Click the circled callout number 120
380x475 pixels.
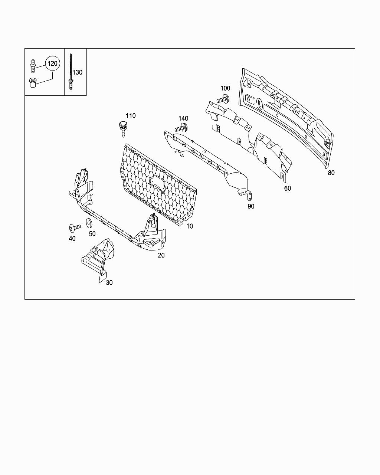[x=52, y=63]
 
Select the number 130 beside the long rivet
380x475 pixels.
[x=77, y=72]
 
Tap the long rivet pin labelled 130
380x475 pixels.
[x=70, y=72]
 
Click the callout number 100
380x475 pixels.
[x=225, y=88]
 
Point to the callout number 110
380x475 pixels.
[x=131, y=116]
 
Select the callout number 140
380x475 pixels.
[x=183, y=118]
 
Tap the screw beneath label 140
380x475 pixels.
[x=181, y=128]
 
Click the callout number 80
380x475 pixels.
[x=331, y=173]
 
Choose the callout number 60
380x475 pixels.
[x=288, y=188]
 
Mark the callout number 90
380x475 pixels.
[x=251, y=206]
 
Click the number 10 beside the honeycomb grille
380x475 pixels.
[x=189, y=226]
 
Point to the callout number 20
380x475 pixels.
[x=161, y=255]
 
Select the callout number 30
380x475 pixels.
[x=109, y=283]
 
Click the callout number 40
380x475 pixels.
[x=72, y=238]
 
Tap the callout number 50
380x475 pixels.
[x=92, y=234]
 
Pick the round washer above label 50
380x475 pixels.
[x=89, y=223]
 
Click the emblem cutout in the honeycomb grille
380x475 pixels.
[x=158, y=183]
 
